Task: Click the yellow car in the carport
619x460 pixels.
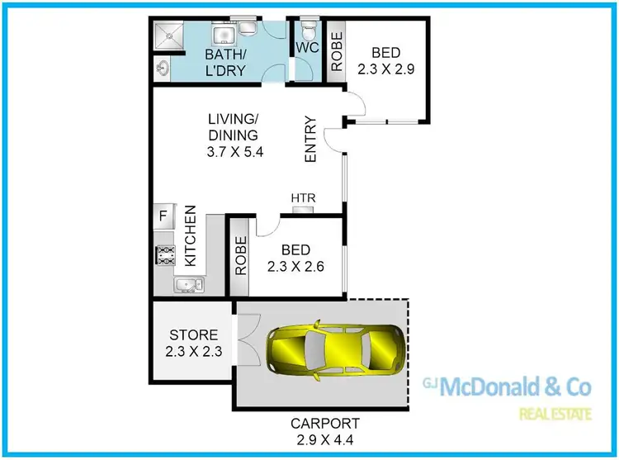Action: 335,350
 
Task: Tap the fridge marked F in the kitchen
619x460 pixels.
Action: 162,216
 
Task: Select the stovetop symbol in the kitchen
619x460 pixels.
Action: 164,254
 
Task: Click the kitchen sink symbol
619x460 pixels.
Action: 186,285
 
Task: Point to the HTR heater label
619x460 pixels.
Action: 302,198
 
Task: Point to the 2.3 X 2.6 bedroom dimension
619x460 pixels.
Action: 295,266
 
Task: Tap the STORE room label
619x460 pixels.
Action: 193,335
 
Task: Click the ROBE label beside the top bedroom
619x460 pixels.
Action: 336,50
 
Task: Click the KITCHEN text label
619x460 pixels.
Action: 190,236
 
